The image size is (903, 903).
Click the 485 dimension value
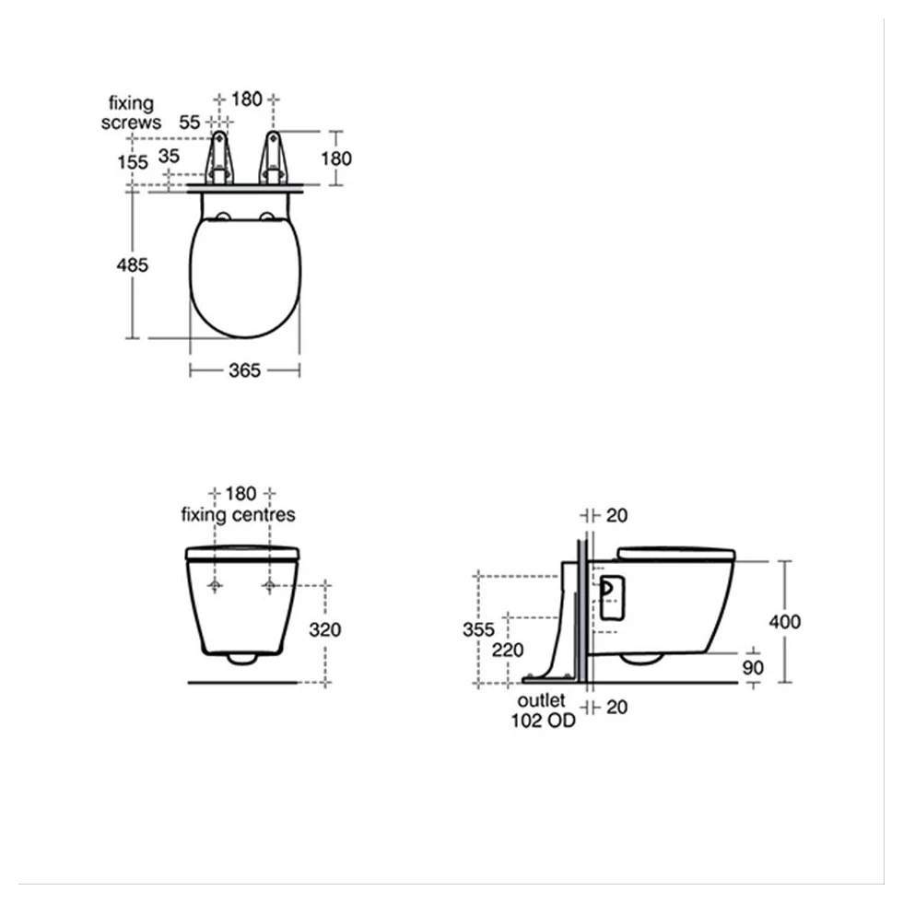click(133, 264)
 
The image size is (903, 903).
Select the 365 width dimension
click(244, 369)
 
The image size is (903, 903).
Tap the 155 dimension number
click(133, 161)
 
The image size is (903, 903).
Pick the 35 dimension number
click(169, 156)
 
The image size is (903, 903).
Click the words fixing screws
click(131, 112)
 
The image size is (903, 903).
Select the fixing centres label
click(239, 514)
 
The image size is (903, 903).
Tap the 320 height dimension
click(324, 630)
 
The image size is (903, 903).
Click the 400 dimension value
click(784, 622)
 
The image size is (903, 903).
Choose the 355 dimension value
click(479, 629)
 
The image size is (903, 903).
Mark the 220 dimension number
click(508, 650)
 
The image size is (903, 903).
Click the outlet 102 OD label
click(544, 711)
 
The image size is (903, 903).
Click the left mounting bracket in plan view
click(218, 158)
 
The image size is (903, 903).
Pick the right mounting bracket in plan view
click(273, 158)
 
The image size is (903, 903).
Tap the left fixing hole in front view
click(216, 586)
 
